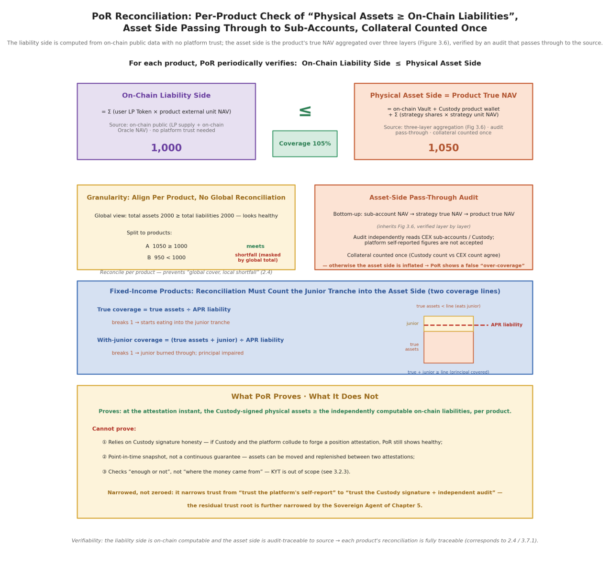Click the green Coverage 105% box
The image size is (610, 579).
click(305, 144)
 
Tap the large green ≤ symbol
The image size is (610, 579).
click(305, 111)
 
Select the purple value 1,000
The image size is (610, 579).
click(166, 148)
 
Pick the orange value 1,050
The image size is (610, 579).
click(444, 148)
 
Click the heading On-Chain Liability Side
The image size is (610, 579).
click(166, 95)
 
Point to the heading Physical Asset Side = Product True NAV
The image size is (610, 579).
click(444, 95)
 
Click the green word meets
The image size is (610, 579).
click(255, 246)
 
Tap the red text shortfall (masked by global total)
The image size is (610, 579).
click(258, 257)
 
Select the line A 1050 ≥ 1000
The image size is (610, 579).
click(166, 246)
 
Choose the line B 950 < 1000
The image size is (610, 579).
click(166, 257)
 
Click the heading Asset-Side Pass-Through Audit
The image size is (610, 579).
click(423, 198)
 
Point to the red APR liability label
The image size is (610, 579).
click(507, 325)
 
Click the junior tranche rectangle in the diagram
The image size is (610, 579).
click(448, 324)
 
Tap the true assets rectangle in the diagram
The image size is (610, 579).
click(448, 347)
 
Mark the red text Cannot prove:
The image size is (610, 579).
click(114, 429)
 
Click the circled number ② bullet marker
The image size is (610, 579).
click(104, 457)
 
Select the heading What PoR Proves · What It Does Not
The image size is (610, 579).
click(305, 397)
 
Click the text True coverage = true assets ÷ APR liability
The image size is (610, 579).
click(164, 310)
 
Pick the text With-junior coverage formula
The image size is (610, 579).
click(190, 340)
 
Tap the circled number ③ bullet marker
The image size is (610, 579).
click(104, 472)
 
